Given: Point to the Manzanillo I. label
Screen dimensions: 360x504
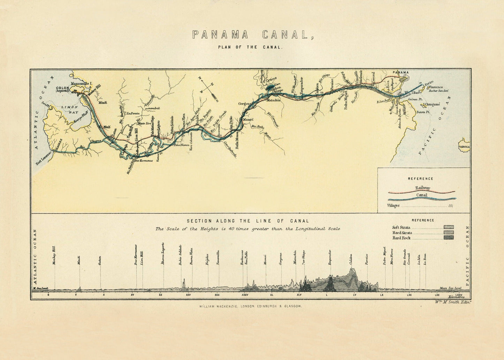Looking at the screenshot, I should pyautogui.click(x=81, y=84).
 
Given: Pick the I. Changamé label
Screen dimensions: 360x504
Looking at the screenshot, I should pyautogui.click(x=432, y=104).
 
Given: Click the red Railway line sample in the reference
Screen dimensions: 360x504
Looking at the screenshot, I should pyautogui.click(x=422, y=192).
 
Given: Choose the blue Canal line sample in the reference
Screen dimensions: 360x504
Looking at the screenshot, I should pyautogui.click(x=422, y=198).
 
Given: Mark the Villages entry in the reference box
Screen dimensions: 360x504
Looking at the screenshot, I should pyautogui.click(x=394, y=205).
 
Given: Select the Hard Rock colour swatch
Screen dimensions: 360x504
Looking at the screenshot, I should pyautogui.click(x=449, y=238).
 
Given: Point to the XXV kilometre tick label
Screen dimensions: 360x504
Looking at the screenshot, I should pyautogui.click(x=188, y=295).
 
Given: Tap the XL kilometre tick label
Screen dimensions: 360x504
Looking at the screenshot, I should pyautogui.click(x=271, y=295).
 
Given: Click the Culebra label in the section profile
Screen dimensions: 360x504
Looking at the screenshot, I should pyautogui.click(x=351, y=260).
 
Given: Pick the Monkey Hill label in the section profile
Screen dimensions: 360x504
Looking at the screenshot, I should pyautogui.click(x=54, y=256).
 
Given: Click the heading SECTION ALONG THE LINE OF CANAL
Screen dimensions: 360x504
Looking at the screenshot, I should pyautogui.click(x=248, y=221).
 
